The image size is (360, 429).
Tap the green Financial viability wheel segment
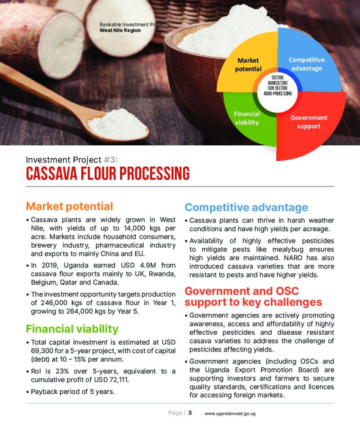tap(246, 120)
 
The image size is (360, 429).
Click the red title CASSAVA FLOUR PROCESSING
tap(108, 173)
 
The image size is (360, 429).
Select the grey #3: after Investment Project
tap(111, 160)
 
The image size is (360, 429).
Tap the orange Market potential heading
tap(69, 206)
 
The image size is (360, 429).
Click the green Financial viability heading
tap(72, 328)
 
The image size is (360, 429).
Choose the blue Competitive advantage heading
tap(246, 207)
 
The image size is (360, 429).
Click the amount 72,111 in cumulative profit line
tap(119, 380)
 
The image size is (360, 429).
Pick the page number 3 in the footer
tap(190, 413)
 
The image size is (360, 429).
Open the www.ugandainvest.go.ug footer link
tap(230, 413)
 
